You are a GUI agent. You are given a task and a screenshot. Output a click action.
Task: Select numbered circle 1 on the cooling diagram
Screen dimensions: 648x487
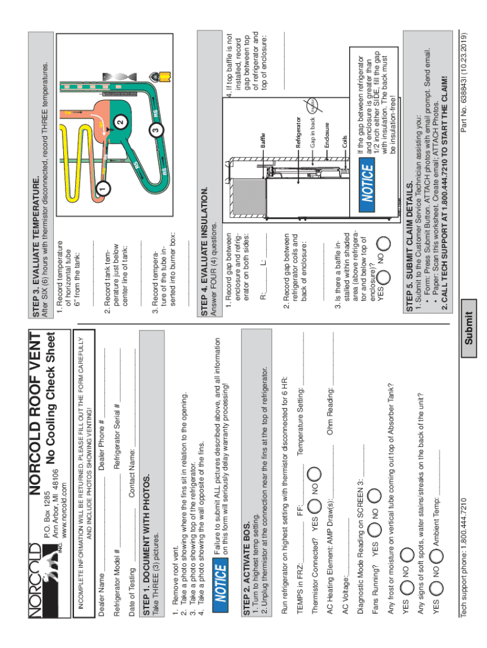[x=99, y=188]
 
